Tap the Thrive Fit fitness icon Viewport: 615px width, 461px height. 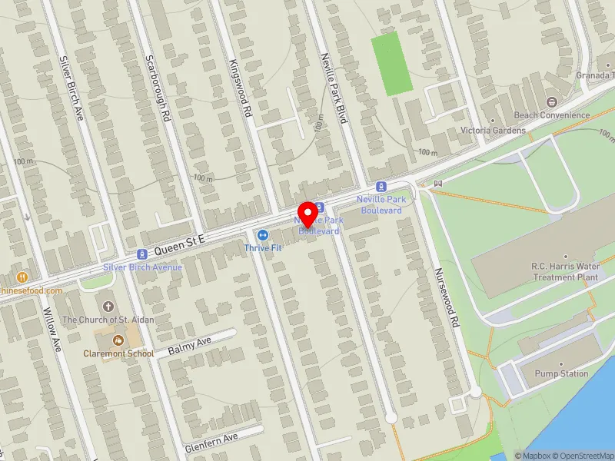point(263,235)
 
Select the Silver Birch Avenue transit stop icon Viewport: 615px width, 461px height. point(141,254)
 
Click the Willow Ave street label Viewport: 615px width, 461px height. point(52,331)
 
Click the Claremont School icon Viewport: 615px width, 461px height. point(118,340)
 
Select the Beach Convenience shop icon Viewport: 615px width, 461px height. point(551,102)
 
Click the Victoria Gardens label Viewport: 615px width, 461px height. point(493,131)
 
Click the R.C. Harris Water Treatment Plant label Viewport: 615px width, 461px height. point(565,271)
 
